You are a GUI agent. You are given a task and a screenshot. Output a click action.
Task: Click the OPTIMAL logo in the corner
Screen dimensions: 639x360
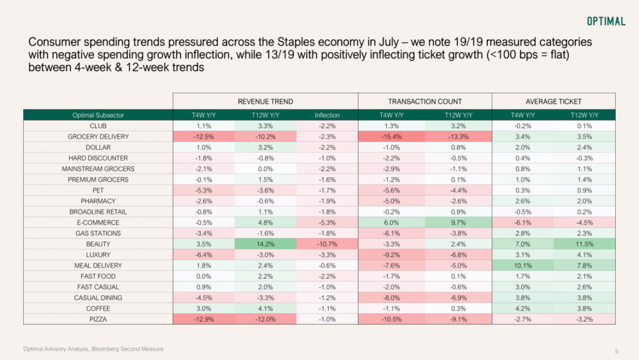(x=606, y=21)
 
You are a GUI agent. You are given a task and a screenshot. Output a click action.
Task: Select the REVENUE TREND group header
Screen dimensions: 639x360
(x=265, y=102)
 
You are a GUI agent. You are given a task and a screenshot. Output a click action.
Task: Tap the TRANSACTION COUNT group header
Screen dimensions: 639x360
(x=424, y=102)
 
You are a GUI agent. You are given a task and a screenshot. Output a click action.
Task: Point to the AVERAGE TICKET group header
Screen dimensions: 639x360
(x=554, y=102)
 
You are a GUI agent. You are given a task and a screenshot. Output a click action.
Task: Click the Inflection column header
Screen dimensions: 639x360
(x=327, y=115)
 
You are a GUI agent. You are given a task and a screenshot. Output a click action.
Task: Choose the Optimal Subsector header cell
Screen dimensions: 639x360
(x=98, y=115)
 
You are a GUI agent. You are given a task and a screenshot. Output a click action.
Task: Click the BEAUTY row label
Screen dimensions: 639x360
(x=98, y=244)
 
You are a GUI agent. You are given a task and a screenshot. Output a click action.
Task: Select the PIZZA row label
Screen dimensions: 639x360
(x=98, y=319)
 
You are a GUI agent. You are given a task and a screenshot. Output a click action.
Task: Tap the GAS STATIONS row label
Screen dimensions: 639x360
(x=98, y=233)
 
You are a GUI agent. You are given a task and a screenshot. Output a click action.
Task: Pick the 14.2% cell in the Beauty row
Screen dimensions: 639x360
(x=265, y=244)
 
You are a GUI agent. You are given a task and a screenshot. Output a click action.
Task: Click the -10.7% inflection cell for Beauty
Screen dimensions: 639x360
(x=327, y=244)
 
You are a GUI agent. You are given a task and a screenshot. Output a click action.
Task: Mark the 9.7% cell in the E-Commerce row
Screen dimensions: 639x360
(x=459, y=223)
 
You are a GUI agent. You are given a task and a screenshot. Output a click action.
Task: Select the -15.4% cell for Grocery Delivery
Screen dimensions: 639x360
(x=392, y=137)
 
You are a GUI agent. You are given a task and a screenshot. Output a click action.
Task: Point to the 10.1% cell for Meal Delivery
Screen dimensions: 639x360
(x=523, y=266)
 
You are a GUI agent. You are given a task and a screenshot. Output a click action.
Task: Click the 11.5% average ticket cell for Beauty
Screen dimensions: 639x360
(x=584, y=244)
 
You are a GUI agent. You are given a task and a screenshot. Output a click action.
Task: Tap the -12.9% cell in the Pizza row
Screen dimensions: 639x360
(x=204, y=319)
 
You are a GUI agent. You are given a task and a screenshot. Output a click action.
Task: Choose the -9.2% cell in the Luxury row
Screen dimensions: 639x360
(x=392, y=255)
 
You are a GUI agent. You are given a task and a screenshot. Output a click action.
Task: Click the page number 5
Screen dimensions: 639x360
(x=617, y=351)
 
